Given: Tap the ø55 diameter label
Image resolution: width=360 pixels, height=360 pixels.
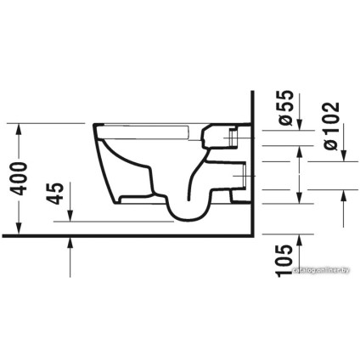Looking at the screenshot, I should pyautogui.click(x=287, y=108).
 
